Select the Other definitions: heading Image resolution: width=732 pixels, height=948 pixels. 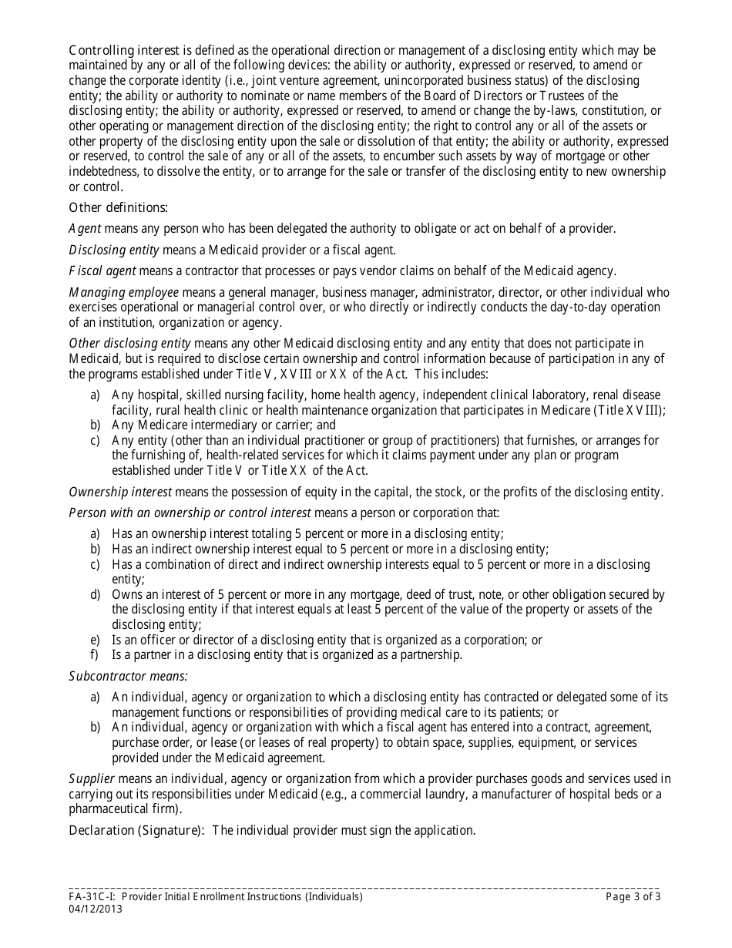point(119,207)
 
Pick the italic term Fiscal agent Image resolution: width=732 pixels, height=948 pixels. point(102,270)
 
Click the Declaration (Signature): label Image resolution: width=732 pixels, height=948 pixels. point(137,830)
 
